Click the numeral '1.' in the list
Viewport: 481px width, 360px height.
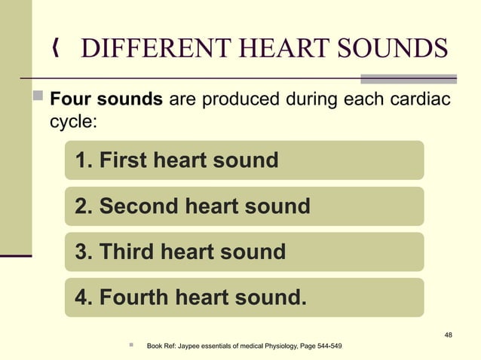tap(83, 160)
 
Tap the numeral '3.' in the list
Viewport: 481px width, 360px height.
tap(83, 252)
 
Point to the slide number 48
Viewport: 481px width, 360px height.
tap(449, 335)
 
